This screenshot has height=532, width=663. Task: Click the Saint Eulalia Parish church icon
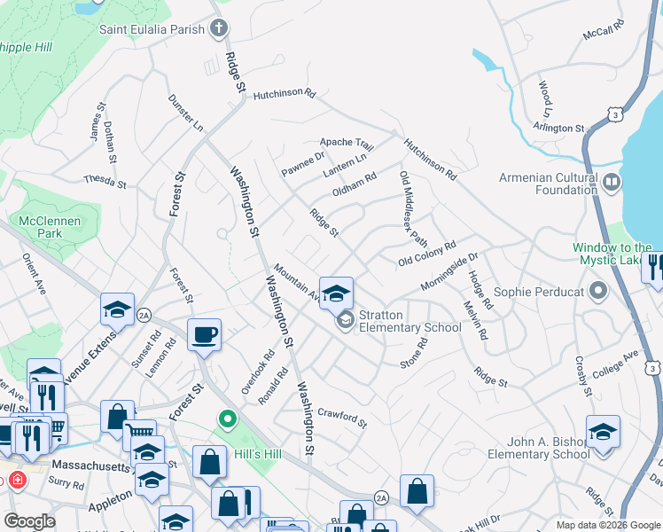pyautogui.click(x=220, y=28)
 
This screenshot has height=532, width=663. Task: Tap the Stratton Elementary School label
pyautogui.click(x=410, y=321)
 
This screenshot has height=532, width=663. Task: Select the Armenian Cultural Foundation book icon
pyautogui.click(x=610, y=183)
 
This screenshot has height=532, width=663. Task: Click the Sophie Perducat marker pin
pyautogui.click(x=599, y=291)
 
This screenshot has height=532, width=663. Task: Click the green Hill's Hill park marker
pyautogui.click(x=228, y=419)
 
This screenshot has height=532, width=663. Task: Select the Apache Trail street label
pyautogui.click(x=347, y=143)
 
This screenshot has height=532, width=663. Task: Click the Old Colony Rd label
pyautogui.click(x=426, y=253)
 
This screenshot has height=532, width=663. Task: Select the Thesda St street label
pyautogui.click(x=105, y=181)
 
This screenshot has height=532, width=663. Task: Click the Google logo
pyautogui.click(x=29, y=521)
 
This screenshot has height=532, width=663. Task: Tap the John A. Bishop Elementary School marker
pyautogui.click(x=603, y=432)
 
